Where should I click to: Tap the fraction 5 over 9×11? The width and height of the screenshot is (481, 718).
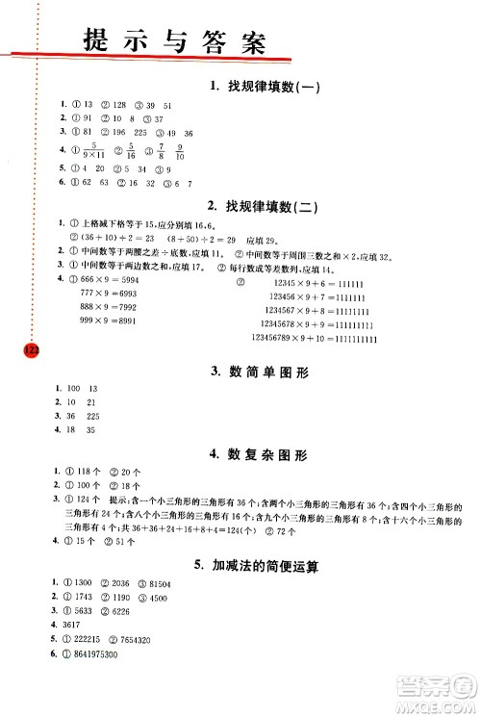point(91,149)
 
